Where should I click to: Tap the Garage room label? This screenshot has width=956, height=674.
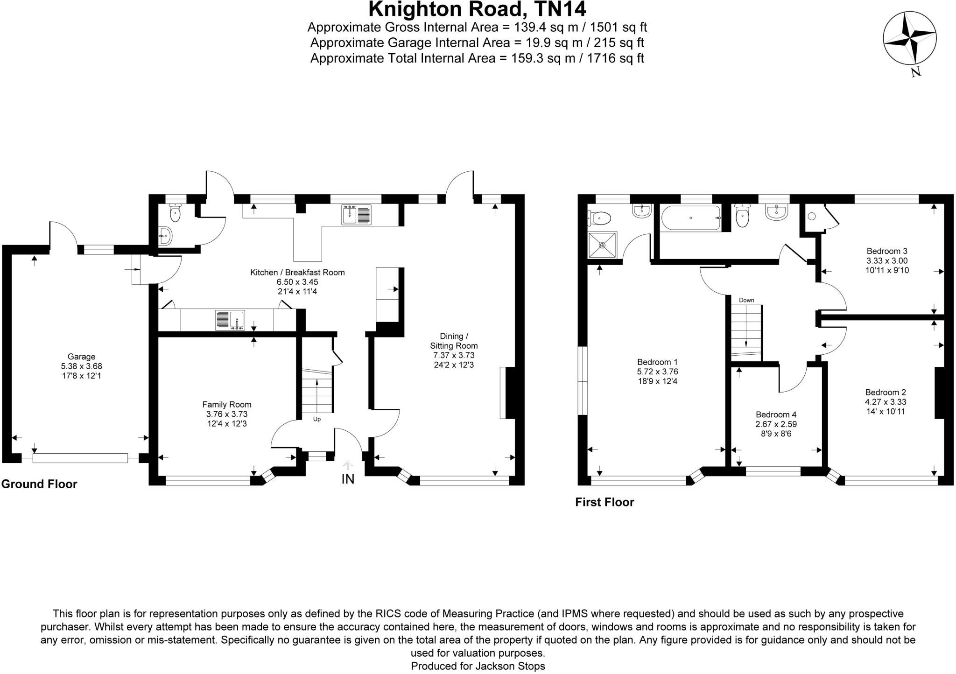point(81,357)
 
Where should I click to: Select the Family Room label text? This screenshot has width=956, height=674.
point(226,405)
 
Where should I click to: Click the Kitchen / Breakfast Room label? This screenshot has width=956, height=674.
point(297,273)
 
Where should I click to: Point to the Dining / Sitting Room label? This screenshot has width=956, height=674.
point(453,341)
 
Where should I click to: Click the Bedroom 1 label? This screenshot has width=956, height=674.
point(657,362)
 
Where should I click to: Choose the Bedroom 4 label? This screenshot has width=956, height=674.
point(776,414)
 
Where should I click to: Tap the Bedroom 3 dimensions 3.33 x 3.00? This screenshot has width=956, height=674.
point(887,260)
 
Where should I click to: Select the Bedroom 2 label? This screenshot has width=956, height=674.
point(885,392)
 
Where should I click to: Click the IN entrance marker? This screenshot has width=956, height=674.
point(348,479)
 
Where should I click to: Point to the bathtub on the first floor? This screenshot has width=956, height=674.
point(690,218)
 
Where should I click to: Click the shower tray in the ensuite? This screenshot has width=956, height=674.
point(602,245)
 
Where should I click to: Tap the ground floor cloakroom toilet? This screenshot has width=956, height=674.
point(175,213)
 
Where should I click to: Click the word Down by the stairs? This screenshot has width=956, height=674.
point(746,300)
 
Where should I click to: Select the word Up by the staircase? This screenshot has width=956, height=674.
point(316,419)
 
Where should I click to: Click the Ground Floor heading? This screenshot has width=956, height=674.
point(39,484)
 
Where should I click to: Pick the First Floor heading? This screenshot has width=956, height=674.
point(605,502)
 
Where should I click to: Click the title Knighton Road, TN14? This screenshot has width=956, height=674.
point(477,9)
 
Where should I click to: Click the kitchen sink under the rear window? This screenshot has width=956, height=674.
point(356,215)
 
